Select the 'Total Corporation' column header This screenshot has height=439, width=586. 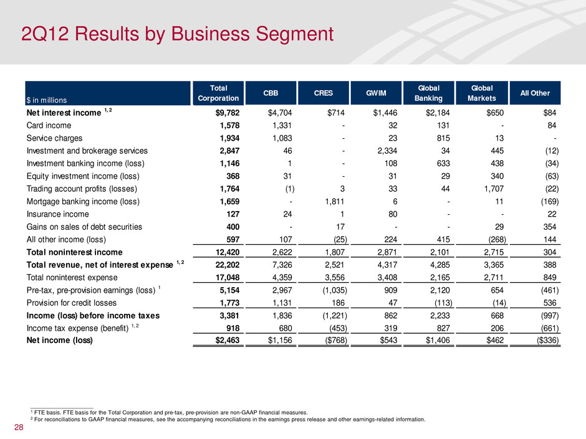point(218,93)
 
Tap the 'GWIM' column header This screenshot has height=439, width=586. point(375,93)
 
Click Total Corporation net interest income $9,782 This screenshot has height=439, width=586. point(222,113)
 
